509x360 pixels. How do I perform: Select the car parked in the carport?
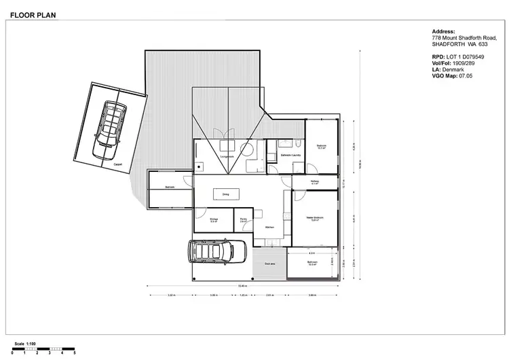click(109, 125)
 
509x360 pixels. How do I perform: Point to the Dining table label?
click(225, 194)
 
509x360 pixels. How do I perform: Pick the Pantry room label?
click(243, 220)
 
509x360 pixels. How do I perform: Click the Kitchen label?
click(269, 226)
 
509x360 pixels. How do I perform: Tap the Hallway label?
click(315, 182)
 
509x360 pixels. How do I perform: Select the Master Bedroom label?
click(314, 218)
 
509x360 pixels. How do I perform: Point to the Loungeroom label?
click(227, 156)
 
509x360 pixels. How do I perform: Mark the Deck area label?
click(269, 264)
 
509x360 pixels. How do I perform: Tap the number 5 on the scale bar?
click(75, 354)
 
